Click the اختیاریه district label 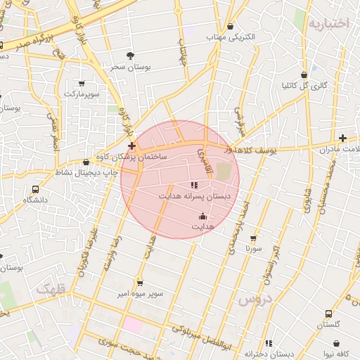[x=328, y=23]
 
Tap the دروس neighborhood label [x=255, y=300]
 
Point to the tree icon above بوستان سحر [x=129, y=55]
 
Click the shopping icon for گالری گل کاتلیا [x=304, y=75]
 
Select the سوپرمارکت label [x=83, y=93]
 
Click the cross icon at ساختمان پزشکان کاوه [x=131, y=146]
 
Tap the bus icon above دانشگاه [x=36, y=189]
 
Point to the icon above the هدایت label [x=203, y=217]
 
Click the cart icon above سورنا [x=253, y=238]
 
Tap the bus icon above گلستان [x=328, y=314]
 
